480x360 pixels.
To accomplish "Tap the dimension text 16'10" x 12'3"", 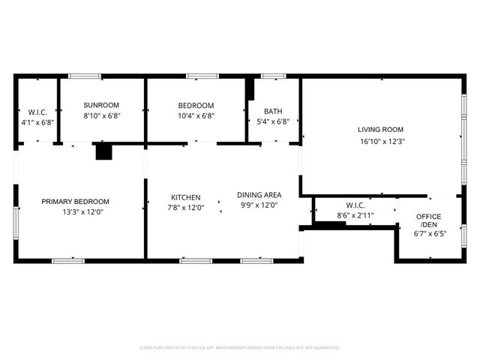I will pyautogui.click(x=380, y=141).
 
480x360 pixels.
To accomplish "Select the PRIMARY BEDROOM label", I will pyautogui.click(x=75, y=202).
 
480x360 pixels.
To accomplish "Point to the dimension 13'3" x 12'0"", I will pyautogui.click(x=75, y=212).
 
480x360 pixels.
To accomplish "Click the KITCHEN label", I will pyautogui.click(x=185, y=197).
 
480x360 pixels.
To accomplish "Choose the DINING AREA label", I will pyautogui.click(x=259, y=194).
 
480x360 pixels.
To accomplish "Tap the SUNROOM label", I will pyautogui.click(x=101, y=105).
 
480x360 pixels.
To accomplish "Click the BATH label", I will pyautogui.click(x=273, y=110).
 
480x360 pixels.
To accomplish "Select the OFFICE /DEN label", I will pyautogui.click(x=428, y=220).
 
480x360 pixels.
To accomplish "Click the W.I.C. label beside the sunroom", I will pyautogui.click(x=37, y=112).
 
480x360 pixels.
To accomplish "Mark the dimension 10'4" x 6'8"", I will pyautogui.click(x=196, y=115).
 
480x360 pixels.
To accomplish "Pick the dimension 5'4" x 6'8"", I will pyautogui.click(x=273, y=121).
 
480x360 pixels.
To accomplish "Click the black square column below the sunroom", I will pyautogui.click(x=103, y=151).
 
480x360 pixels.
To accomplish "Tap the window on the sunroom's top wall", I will pyautogui.click(x=85, y=76).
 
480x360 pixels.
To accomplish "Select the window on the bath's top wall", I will pyautogui.click(x=273, y=76).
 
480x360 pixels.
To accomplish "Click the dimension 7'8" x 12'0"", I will pyautogui.click(x=185, y=208).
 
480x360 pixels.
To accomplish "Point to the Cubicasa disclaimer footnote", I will pyautogui.click(x=240, y=347).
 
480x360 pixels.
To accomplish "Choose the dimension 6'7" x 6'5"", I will pyautogui.click(x=428, y=233).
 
